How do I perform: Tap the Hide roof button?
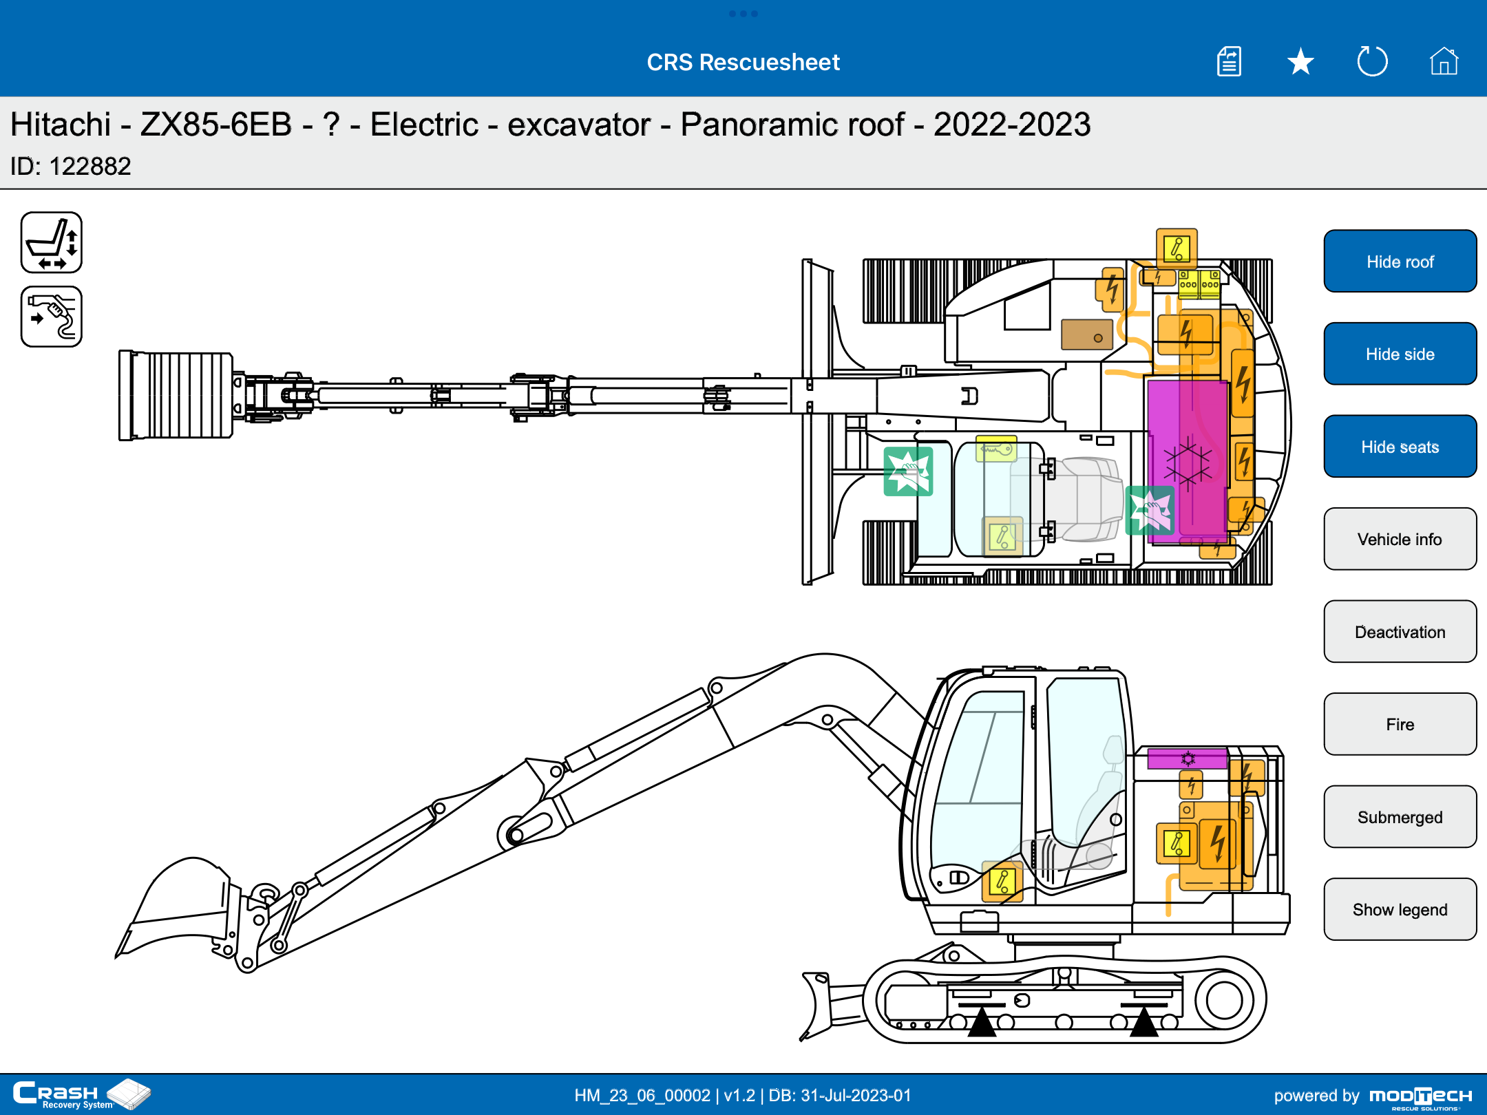1400,262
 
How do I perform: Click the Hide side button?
1400,354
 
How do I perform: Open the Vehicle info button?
1400,539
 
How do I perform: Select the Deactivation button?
1400,632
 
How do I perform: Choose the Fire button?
1400,724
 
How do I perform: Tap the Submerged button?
1400,817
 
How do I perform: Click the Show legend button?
1400,909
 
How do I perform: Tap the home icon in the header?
1444,61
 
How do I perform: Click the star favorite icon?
1300,62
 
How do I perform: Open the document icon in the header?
1229,61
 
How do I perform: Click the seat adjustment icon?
52,242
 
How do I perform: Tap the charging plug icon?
52,317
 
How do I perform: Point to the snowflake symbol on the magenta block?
1188,465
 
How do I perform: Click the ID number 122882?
90,167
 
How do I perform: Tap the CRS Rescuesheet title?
743,62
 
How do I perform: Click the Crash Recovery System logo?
82,1094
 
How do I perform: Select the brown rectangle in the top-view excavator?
1087,334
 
